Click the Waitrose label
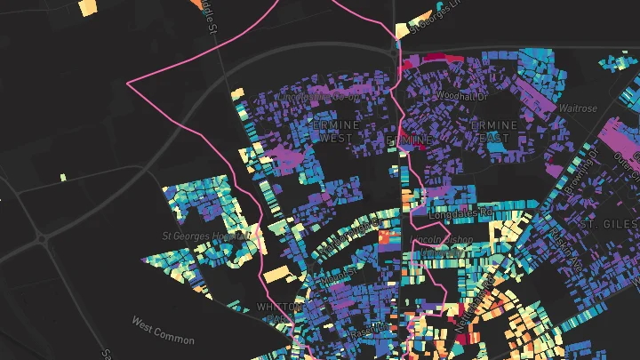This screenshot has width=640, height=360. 579,108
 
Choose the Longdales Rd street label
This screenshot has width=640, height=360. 460,214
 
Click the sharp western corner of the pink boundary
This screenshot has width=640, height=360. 130,84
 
